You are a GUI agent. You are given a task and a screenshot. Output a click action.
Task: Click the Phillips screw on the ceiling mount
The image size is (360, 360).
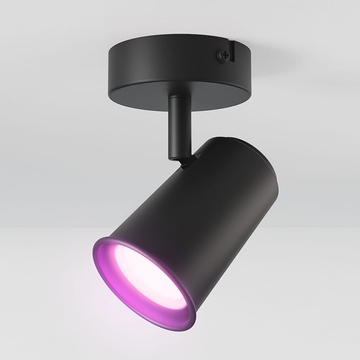(x=224, y=55)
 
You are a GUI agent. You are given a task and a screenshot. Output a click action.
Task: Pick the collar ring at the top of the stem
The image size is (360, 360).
(x=178, y=98)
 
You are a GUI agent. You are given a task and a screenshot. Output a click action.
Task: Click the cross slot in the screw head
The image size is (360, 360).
(x=224, y=55)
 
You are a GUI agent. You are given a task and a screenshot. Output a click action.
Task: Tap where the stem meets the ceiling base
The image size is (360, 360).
(x=178, y=96)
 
